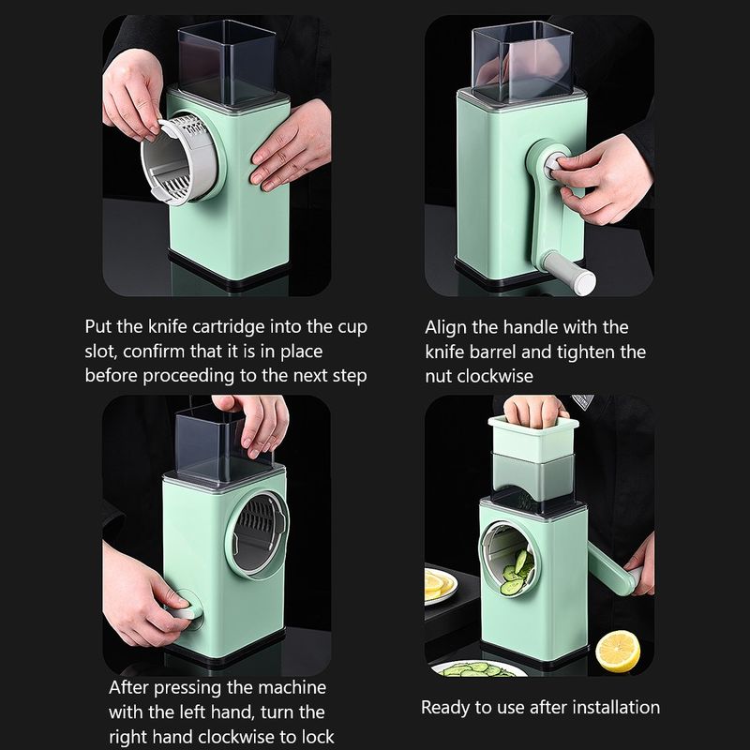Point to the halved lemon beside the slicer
point(618,651)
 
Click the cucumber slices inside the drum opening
point(516,574)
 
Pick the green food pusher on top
point(532,440)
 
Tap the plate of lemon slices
point(440,586)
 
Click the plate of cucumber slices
point(478,668)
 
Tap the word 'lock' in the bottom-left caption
point(317,737)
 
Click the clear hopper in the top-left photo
point(227,62)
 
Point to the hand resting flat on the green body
point(291,146)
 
